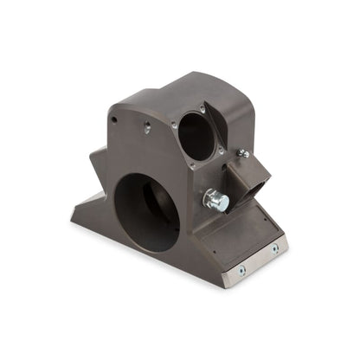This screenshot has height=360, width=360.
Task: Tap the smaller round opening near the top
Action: point(196,137)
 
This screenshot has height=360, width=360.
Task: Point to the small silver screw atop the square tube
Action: point(244,154)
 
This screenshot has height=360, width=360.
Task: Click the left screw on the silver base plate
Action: point(241,270)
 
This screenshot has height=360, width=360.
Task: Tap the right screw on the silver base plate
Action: point(274,248)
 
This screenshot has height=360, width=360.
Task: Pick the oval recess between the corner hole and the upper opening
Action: point(147,128)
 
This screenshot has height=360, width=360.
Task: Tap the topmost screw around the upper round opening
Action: point(203,107)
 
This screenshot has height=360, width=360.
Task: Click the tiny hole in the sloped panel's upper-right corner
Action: point(258,210)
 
